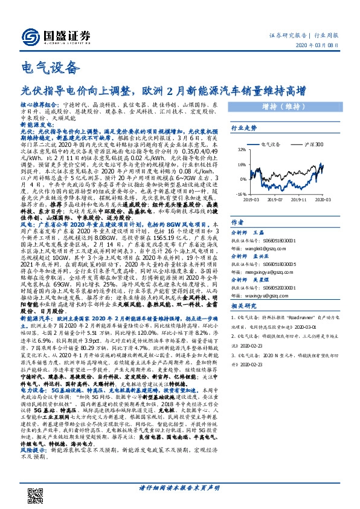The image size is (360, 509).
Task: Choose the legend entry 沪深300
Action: click(x=312, y=145)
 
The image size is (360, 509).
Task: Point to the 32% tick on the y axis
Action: click(x=242, y=149)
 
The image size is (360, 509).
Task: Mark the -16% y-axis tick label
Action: click(x=242, y=195)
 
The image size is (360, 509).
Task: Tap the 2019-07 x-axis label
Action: click(x=275, y=200)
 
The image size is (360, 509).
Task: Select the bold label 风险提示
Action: click(x=34, y=467)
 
